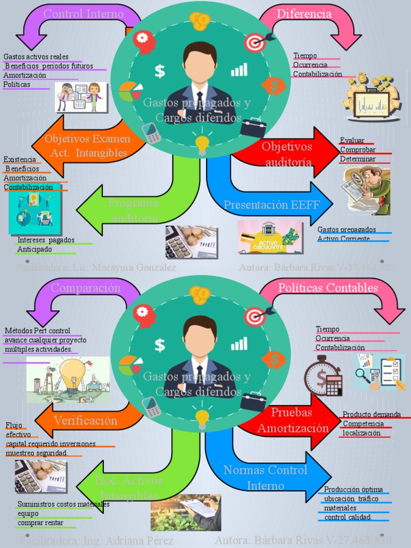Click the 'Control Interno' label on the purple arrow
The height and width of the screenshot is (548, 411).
(x=83, y=14)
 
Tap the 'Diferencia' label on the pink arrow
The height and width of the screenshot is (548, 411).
(x=304, y=14)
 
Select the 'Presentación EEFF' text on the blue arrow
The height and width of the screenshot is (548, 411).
(x=271, y=204)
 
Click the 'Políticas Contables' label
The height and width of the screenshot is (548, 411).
(x=328, y=288)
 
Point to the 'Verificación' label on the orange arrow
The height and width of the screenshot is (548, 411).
(x=85, y=421)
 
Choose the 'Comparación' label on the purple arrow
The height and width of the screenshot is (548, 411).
(x=86, y=288)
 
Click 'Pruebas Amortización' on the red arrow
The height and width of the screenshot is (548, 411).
(x=292, y=421)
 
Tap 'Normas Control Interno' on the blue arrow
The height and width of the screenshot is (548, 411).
(x=265, y=478)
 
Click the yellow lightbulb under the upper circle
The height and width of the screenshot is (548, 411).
(x=202, y=143)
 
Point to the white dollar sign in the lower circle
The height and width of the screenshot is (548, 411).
(x=159, y=345)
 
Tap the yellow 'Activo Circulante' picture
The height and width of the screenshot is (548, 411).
(x=270, y=237)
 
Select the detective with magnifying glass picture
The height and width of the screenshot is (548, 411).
(x=367, y=190)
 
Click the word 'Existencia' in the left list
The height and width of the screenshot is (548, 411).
(x=20, y=159)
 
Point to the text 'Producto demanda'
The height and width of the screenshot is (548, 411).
(x=371, y=414)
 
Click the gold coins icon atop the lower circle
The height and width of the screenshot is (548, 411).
(x=200, y=295)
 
